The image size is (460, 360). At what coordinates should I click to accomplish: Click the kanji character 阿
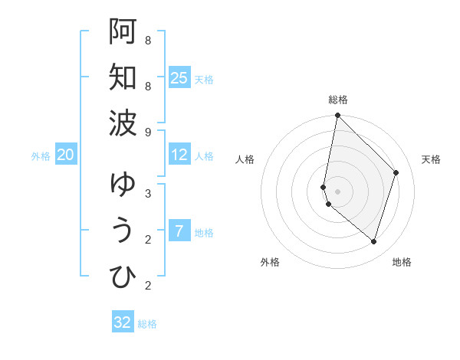[x=123, y=31]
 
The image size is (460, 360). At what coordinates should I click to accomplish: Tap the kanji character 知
[x=123, y=77]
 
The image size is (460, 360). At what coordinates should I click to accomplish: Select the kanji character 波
[x=123, y=123]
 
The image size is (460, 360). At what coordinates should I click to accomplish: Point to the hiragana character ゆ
[x=123, y=184]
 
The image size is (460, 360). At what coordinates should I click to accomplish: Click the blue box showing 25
[x=179, y=78]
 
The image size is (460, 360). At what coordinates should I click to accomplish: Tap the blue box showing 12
[x=179, y=155]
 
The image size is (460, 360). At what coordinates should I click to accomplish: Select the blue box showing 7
[x=179, y=231]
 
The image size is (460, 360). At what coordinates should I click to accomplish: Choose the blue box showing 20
[x=65, y=155]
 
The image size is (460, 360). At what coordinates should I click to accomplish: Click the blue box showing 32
[x=123, y=322]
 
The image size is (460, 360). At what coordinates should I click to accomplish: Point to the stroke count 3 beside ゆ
[x=147, y=193]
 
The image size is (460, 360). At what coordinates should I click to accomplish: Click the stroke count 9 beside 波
[x=147, y=133]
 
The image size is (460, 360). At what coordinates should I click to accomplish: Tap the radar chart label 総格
[x=338, y=100]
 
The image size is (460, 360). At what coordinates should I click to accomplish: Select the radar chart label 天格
[x=431, y=159]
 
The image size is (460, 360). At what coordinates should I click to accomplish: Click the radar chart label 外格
[x=270, y=262]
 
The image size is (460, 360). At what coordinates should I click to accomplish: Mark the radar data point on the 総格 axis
[x=337, y=116]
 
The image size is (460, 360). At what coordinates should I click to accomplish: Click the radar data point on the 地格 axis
[x=373, y=241]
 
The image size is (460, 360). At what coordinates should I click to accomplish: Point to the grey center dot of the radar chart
[x=337, y=191]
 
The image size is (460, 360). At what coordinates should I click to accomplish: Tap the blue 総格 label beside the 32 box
[x=147, y=324]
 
